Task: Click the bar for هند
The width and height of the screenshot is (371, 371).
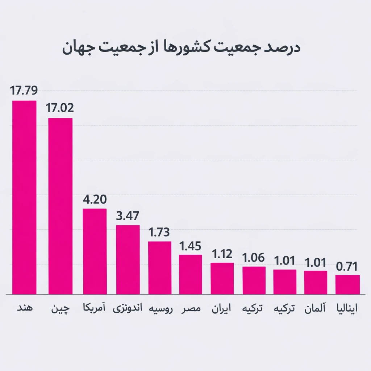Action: (x=24, y=197)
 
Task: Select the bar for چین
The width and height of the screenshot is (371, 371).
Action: (x=60, y=206)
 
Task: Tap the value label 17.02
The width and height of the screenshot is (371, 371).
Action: (x=60, y=108)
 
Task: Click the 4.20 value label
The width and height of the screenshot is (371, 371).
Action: (x=95, y=200)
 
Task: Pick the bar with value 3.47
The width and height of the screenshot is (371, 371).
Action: (x=128, y=259)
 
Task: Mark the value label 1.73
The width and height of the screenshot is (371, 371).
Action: (x=159, y=233)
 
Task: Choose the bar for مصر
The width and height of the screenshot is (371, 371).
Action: (x=191, y=274)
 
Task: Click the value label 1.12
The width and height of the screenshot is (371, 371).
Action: (x=222, y=254)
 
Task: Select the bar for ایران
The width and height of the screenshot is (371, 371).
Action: (x=222, y=278)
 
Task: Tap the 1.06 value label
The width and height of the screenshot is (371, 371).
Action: (x=254, y=258)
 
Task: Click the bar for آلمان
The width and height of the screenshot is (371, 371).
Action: (x=316, y=282)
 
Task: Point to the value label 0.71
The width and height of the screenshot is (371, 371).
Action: (x=347, y=267)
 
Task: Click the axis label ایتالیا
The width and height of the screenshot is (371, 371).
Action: (x=347, y=309)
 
